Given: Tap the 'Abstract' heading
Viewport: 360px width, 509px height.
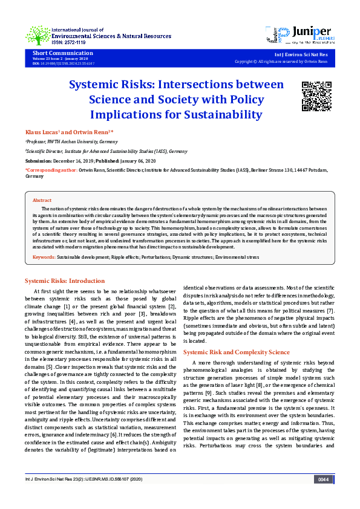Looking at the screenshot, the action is point(42,200).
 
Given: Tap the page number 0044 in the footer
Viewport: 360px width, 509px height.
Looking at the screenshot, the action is point(323,496).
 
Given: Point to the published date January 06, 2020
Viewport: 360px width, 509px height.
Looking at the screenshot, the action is point(137,161).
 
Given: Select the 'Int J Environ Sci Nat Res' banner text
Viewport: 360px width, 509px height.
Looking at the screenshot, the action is point(301,54).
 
